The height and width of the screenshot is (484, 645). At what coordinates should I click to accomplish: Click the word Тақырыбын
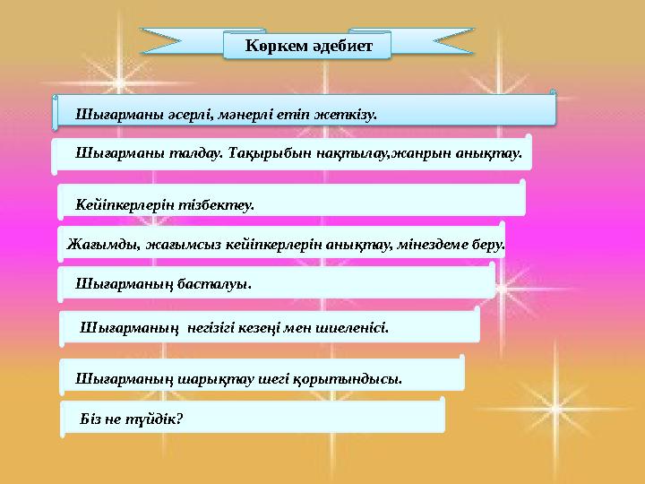(252, 154)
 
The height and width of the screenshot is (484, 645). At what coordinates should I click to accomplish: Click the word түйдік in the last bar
(151, 418)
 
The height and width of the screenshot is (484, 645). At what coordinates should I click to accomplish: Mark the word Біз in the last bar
(91, 418)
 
